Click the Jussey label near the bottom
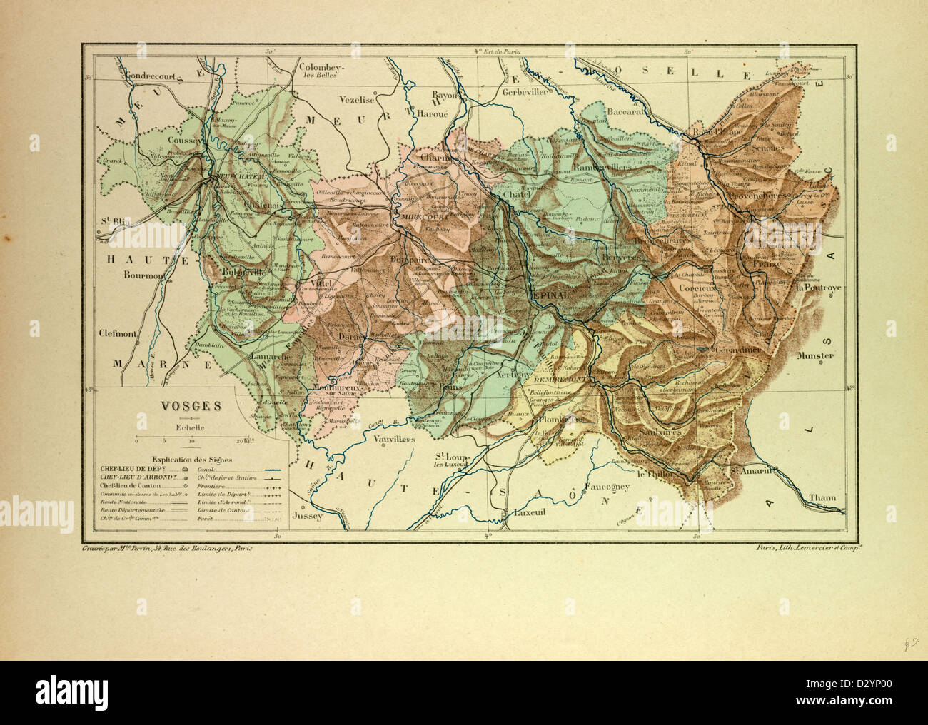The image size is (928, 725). [x=308, y=514]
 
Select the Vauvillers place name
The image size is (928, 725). [x=394, y=440]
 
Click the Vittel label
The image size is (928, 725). [x=323, y=283]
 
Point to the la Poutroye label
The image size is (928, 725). [x=819, y=288]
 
